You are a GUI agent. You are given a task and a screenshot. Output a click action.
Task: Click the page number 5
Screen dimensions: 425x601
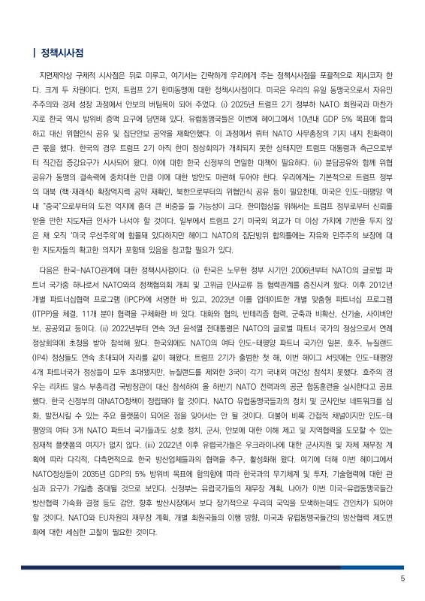[402, 578]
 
